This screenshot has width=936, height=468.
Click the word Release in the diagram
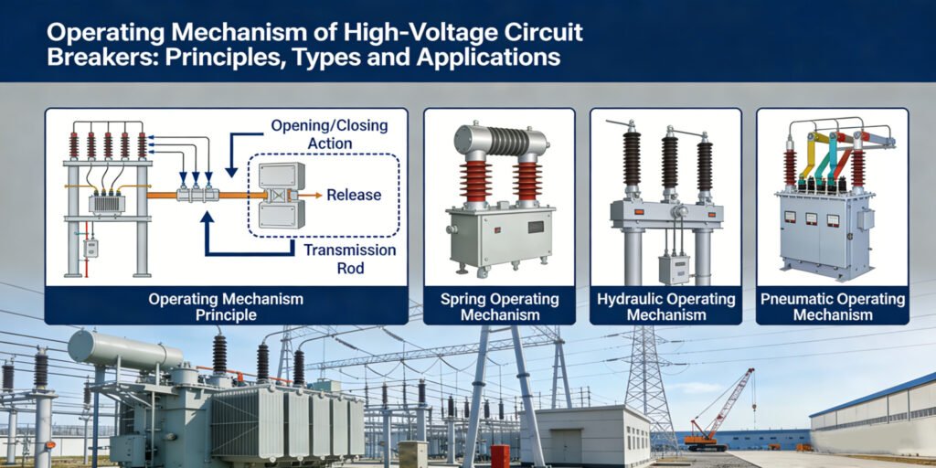tap(354, 195)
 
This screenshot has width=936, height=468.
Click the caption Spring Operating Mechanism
tap(499, 307)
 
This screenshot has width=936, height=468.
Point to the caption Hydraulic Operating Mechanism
tap(665, 307)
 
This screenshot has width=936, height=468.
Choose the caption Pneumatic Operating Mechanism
tap(832, 307)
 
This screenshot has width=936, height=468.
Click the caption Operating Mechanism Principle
tap(226, 307)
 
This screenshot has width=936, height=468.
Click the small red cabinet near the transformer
tap(500, 455)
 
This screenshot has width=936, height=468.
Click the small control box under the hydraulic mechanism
tap(674, 268)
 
